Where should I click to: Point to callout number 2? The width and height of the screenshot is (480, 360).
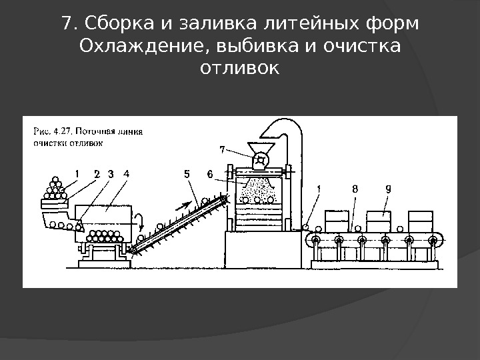point(97,174)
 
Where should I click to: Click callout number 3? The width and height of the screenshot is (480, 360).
point(110,174)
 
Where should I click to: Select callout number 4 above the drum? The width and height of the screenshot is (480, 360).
point(126,174)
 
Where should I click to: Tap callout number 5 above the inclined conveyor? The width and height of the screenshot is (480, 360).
point(187,175)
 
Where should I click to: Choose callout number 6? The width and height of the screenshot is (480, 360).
point(210,175)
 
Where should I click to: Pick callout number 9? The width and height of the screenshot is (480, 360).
point(388,189)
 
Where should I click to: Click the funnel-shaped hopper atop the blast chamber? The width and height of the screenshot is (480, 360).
point(260,148)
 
